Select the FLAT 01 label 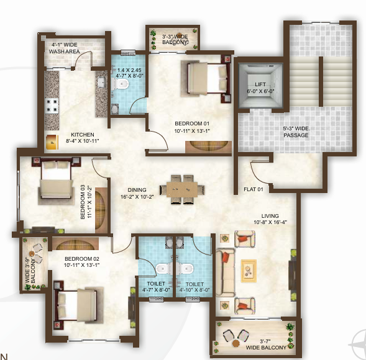[x=254, y=189]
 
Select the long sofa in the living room [x=226, y=271]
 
